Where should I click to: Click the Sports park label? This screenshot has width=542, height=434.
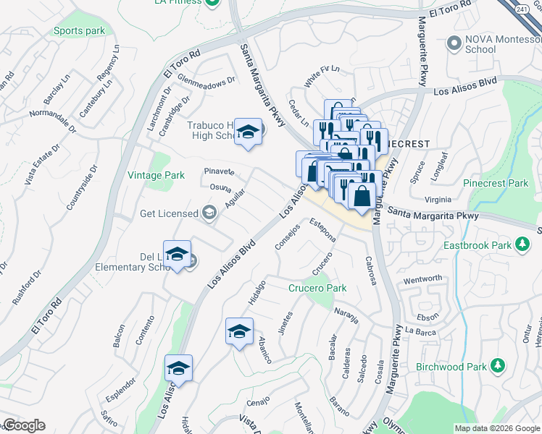tap(79, 31)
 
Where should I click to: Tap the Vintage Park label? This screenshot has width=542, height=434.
tap(157, 175)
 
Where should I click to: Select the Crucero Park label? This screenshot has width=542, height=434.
tap(317, 288)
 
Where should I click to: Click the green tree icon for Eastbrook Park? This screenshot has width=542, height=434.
tap(522, 245)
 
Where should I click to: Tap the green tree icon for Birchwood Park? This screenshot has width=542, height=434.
tap(497, 366)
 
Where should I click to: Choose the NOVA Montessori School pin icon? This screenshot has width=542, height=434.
tap(454, 43)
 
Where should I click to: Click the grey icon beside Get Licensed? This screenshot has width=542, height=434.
tap(209, 213)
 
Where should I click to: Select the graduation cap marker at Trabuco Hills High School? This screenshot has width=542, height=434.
tap(248, 132)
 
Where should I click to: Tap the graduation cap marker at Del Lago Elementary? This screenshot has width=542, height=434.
tap(177, 254)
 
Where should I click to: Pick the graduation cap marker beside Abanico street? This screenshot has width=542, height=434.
tap(239, 331)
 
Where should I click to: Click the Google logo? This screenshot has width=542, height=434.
tap(23, 425)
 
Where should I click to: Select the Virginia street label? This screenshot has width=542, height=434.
tap(438, 200)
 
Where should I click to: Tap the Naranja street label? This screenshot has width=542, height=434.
tap(347, 314)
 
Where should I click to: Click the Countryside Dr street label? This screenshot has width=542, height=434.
tap(81, 187)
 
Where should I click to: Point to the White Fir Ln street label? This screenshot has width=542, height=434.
tap(322, 77)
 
